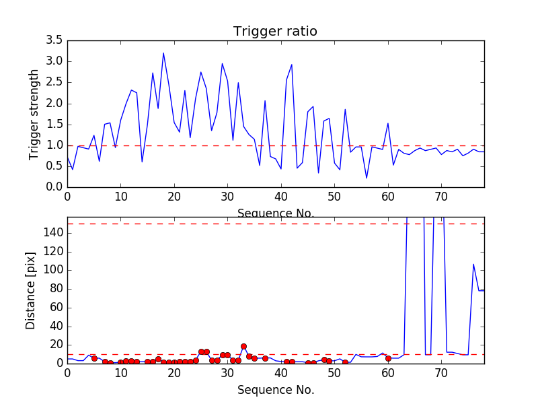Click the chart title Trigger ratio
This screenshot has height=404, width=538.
point(275,32)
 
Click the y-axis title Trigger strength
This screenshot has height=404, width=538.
point(34,114)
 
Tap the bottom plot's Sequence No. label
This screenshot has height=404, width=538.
point(275,390)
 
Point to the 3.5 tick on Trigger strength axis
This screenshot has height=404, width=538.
point(54,40)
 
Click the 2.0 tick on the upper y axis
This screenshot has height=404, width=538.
point(54,103)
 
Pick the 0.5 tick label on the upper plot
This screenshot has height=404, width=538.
point(54,166)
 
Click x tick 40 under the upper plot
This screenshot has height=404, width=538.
point(281,197)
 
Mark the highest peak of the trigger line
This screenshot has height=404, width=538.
point(163,53)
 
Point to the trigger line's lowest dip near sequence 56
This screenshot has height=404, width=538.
point(367,178)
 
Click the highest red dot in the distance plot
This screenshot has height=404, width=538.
point(243,346)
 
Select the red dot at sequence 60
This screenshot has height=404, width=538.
point(388,358)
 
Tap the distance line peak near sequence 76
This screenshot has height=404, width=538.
point(473,264)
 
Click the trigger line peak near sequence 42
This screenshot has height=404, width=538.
point(292,65)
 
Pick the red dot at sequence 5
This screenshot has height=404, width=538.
point(94,358)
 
